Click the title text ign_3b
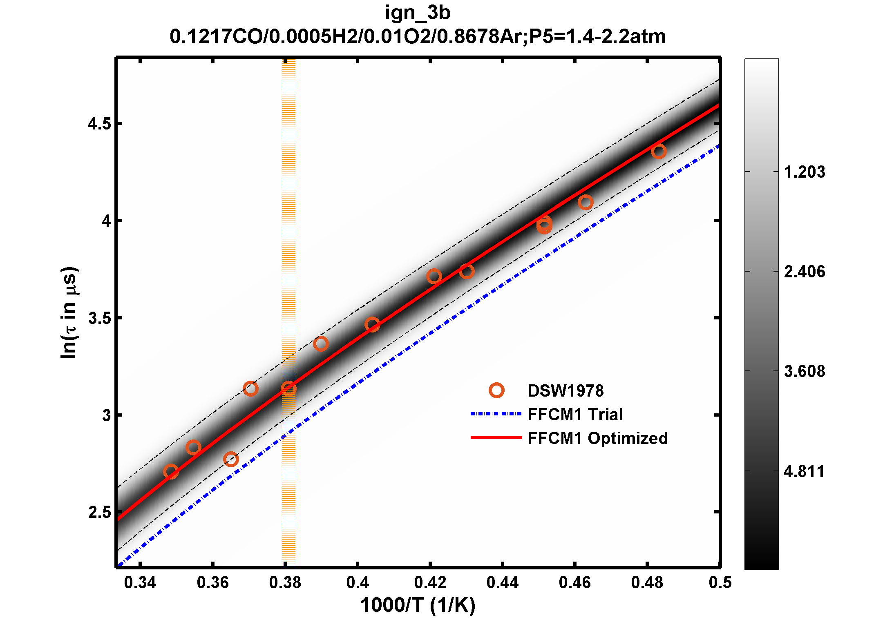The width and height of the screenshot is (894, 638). (x=418, y=13)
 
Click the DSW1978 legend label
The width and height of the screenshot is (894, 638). (x=565, y=391)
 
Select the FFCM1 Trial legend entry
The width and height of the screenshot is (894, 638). (x=575, y=415)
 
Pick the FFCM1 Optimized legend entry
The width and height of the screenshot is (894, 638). (x=597, y=438)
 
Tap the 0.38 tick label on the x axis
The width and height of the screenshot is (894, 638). (x=285, y=582)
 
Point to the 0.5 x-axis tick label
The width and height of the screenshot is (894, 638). (x=720, y=582)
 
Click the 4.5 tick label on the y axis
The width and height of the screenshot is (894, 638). (x=99, y=124)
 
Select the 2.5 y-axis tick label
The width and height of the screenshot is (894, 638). (x=99, y=512)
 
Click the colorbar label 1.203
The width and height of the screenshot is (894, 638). (x=804, y=172)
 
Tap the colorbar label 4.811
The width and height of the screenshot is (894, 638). (x=804, y=471)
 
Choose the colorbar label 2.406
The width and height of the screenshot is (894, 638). (x=804, y=272)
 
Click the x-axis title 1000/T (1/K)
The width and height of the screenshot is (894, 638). (x=418, y=605)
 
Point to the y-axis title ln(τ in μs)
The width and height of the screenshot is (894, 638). (x=69, y=313)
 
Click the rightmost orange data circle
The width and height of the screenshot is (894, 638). (x=659, y=152)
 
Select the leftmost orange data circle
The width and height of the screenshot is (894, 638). (x=171, y=472)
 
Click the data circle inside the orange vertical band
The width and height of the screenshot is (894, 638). (x=288, y=388)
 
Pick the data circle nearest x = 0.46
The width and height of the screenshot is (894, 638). (x=586, y=202)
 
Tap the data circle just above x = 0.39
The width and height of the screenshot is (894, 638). (x=321, y=344)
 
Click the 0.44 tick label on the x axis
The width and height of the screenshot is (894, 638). (x=502, y=582)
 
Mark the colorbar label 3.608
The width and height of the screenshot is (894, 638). (x=804, y=371)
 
